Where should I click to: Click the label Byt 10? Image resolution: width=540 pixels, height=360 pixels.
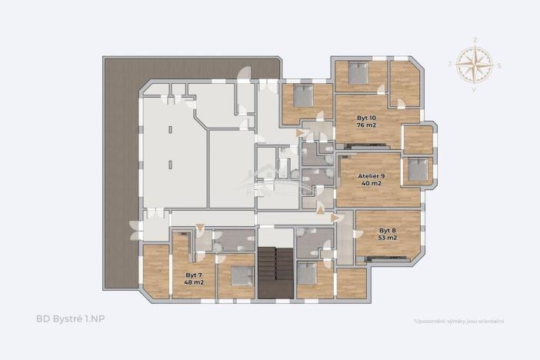pyautogui.click(x=366, y=118)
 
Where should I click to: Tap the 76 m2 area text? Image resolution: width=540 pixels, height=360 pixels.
pyautogui.click(x=366, y=126)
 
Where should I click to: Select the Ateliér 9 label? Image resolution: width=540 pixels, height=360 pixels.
pyautogui.click(x=372, y=175)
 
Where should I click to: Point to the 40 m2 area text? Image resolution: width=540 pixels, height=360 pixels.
pyautogui.click(x=372, y=183)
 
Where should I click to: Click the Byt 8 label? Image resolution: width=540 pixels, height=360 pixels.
pyautogui.click(x=387, y=231)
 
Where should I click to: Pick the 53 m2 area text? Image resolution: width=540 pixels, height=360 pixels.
pyautogui.click(x=387, y=238)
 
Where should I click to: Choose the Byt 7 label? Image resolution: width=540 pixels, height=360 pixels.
pyautogui.click(x=193, y=275)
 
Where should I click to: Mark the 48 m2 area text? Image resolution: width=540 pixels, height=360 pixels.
pyautogui.click(x=193, y=282)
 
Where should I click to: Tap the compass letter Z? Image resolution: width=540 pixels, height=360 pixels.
pyautogui.click(x=475, y=39)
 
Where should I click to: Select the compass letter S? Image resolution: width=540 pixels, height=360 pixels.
pyautogui.click(x=498, y=65)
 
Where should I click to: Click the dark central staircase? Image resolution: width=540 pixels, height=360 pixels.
pyautogui.click(x=275, y=273)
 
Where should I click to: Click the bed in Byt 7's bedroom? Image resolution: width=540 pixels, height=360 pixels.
pyautogui.click(x=242, y=275)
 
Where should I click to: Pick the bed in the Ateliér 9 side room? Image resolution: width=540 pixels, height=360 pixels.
pyautogui.click(x=418, y=170)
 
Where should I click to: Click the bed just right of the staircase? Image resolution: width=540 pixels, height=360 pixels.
pyautogui.click(x=308, y=272)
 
